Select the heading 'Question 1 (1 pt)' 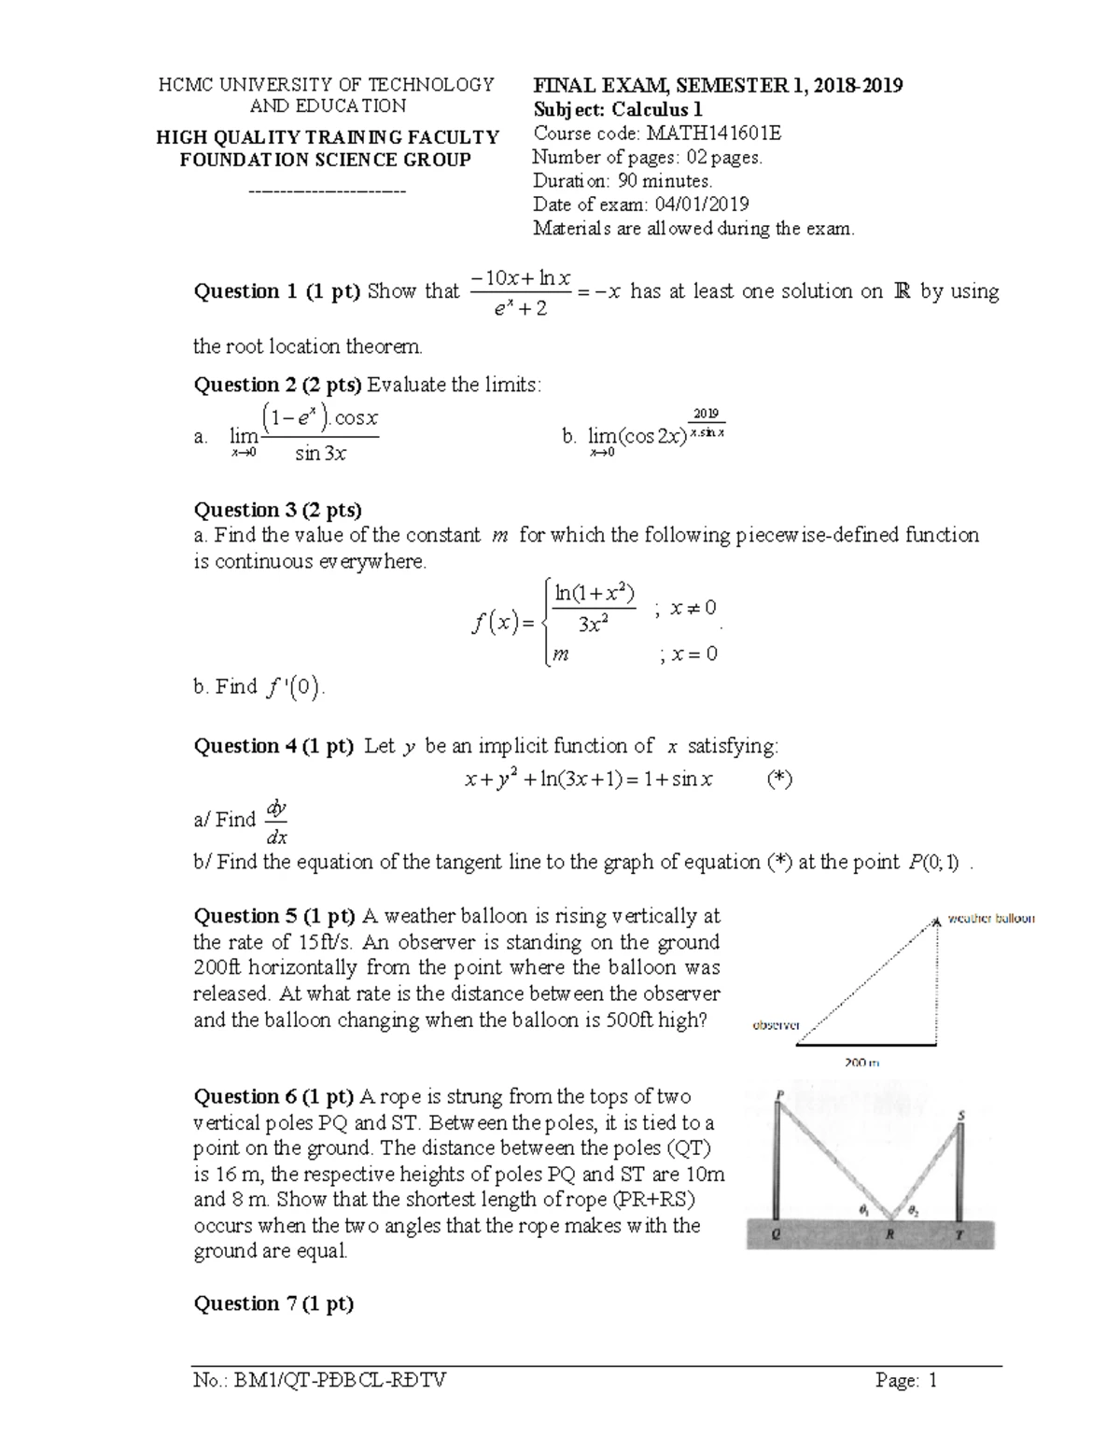coord(276,291)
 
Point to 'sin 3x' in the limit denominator coord(320,454)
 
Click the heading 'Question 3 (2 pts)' coord(277,510)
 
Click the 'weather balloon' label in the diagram coord(991,919)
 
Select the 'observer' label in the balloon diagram coord(777,1025)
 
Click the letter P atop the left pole coord(780,1094)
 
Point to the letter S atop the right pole coord(961,1116)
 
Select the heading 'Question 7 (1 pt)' coord(273,1304)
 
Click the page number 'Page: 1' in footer coord(905,1380)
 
